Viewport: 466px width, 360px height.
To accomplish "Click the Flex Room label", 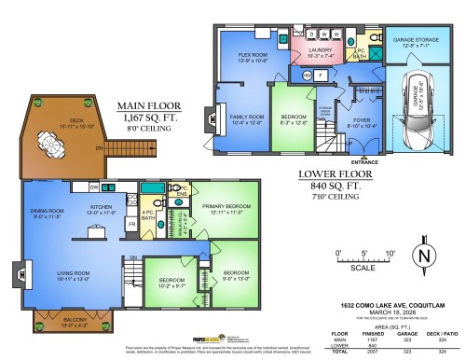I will [x=253, y=58].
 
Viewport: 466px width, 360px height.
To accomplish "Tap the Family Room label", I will [x=246, y=118].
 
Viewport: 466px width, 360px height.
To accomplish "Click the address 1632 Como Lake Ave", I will [x=383, y=304].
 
